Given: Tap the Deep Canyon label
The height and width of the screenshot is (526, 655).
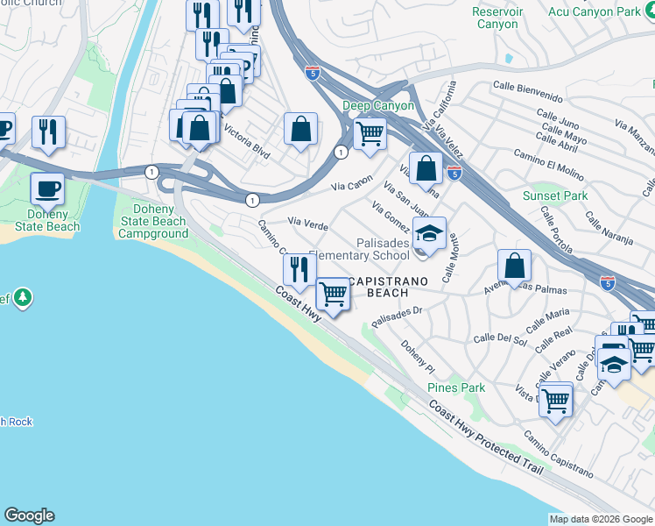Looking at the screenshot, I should click(x=378, y=106).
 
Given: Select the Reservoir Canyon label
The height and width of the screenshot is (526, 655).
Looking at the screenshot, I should click(x=497, y=18).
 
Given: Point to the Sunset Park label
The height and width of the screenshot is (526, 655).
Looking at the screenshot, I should click(x=555, y=195).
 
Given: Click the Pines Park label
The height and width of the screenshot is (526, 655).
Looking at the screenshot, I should click(x=456, y=387).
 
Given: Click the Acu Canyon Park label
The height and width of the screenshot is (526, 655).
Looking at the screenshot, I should click(x=606, y=11).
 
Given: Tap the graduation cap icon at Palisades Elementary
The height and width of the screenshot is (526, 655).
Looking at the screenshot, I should click(x=429, y=234).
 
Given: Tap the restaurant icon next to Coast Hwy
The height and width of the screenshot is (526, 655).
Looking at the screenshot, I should click(x=299, y=269).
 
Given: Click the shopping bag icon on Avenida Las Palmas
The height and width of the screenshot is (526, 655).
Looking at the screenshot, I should click(x=515, y=265).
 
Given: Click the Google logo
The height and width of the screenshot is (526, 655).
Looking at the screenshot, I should click(x=29, y=515).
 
